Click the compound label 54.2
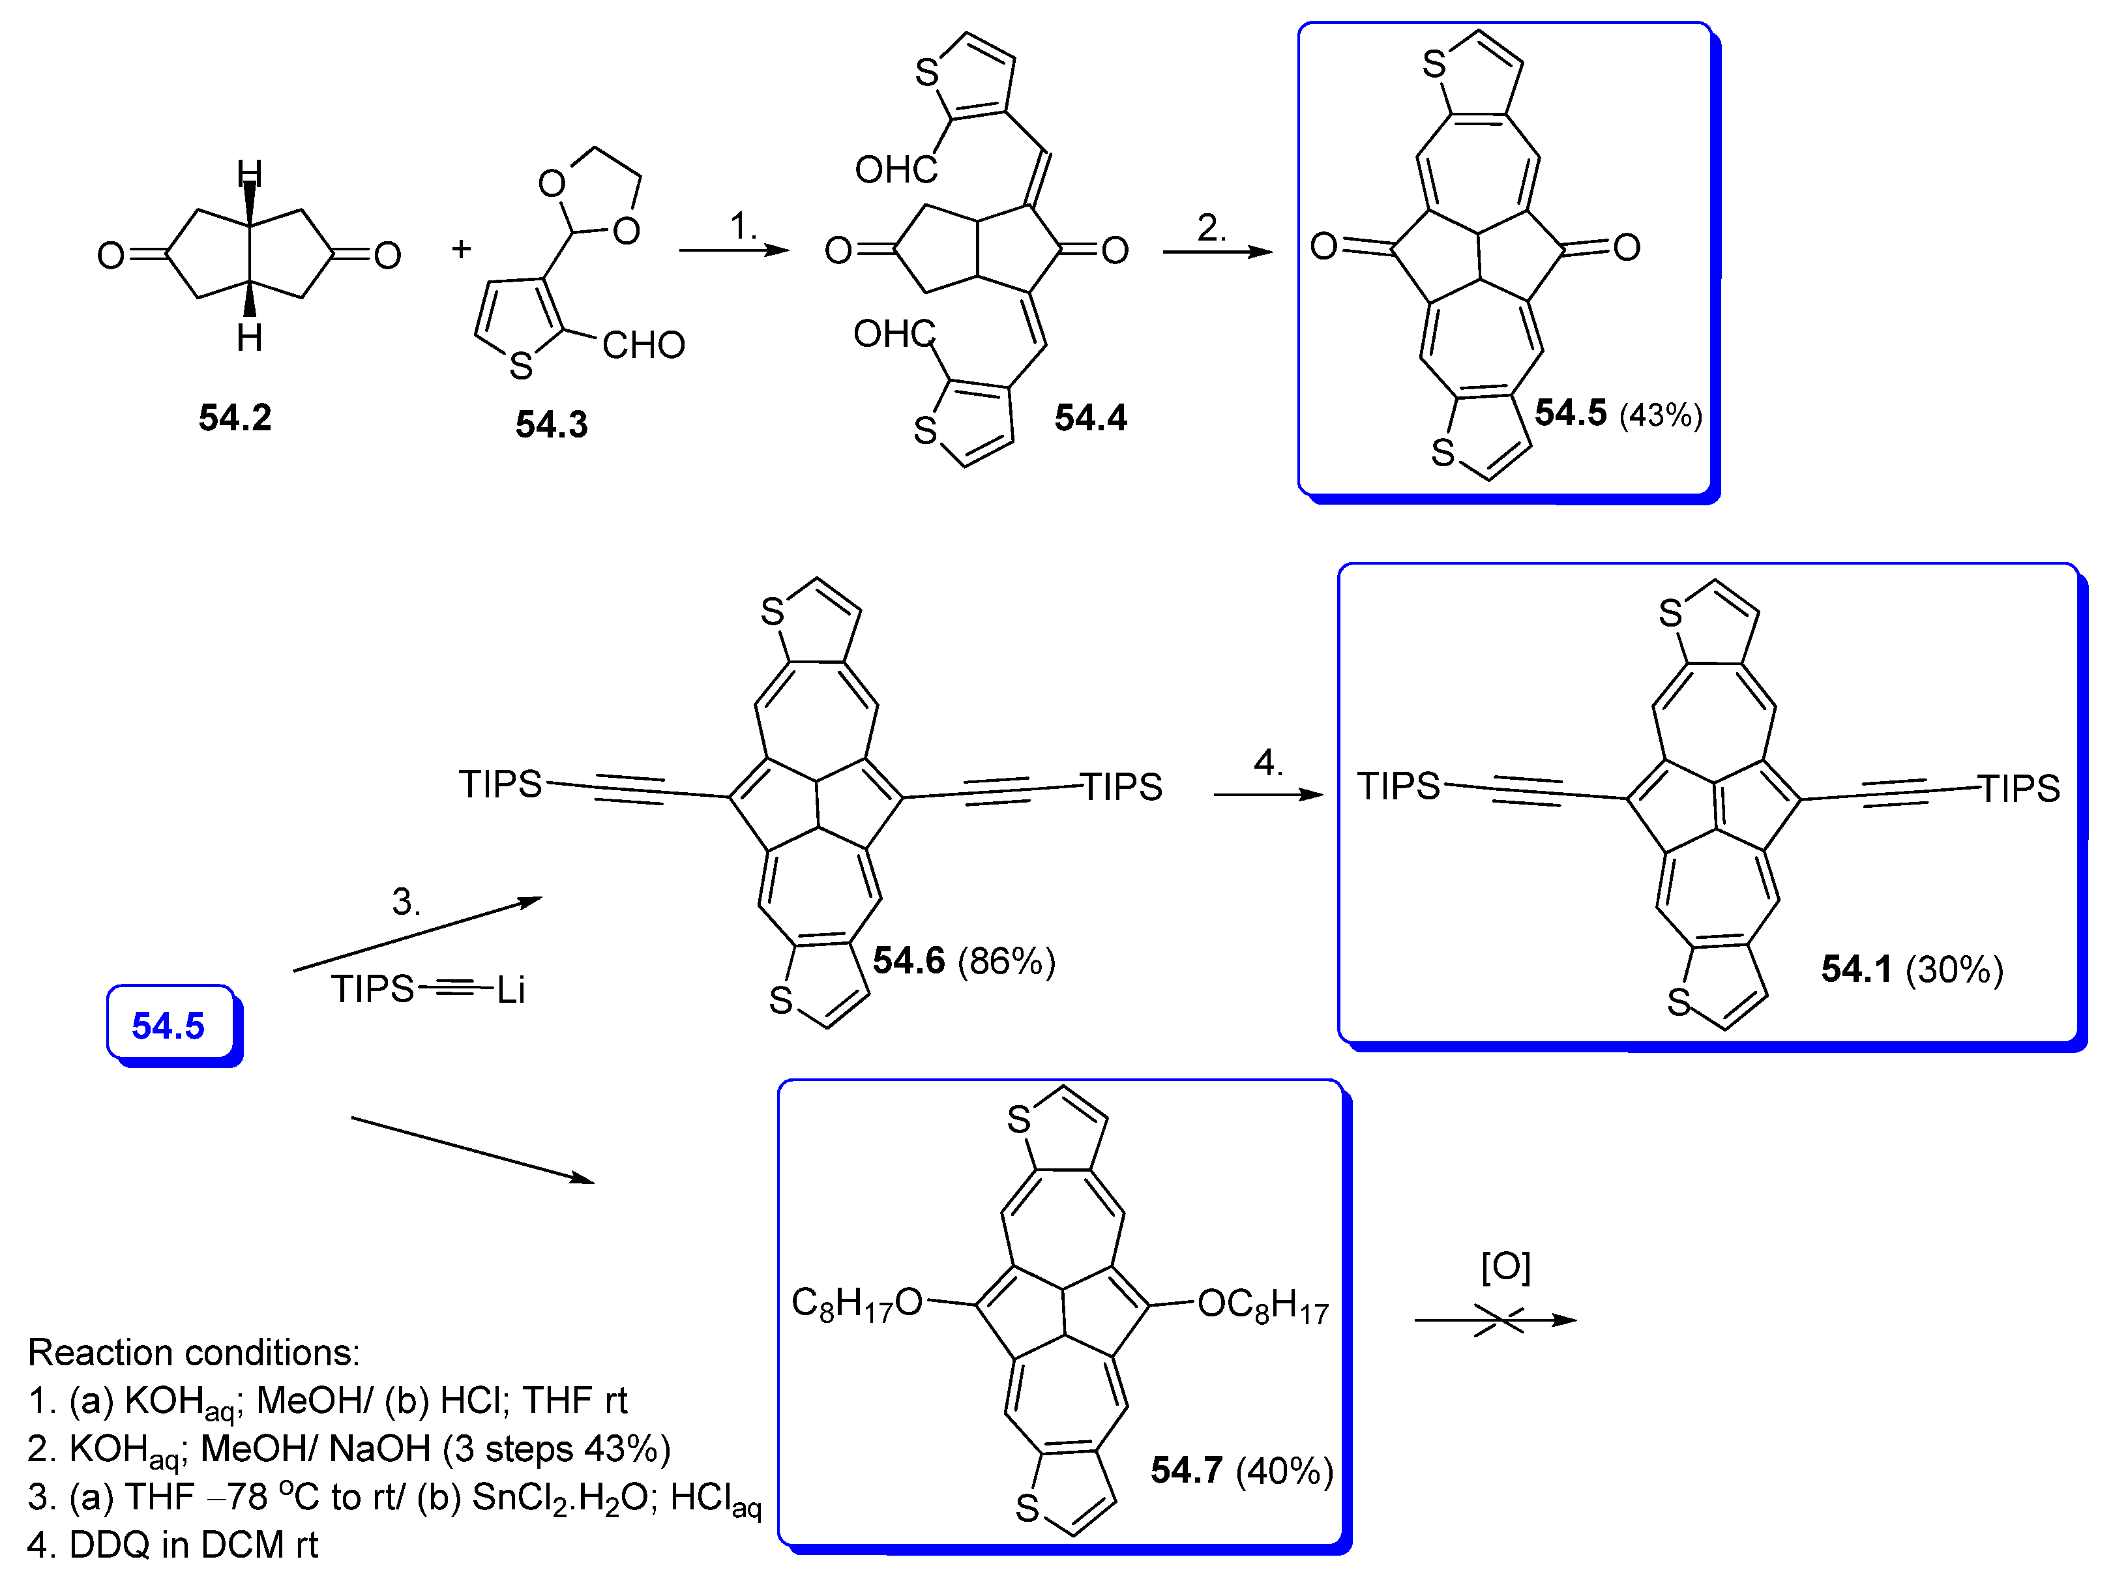coord(235,417)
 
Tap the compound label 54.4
coord(1090,417)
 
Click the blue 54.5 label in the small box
coord(168,1025)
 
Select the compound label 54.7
coord(1187,1470)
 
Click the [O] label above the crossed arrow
coord(1505,1267)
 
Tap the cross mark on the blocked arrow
coord(1499,1320)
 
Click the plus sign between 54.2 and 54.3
coord(462,249)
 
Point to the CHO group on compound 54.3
coord(643,345)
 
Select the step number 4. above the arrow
coord(1267,762)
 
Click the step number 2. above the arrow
coord(1211,228)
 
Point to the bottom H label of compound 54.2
coord(249,337)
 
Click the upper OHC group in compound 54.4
coord(896,170)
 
